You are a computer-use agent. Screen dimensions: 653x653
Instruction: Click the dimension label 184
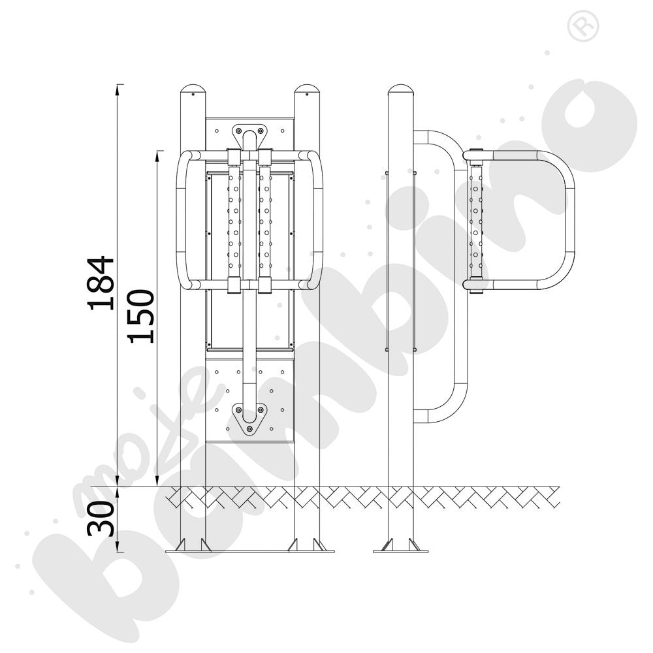101,283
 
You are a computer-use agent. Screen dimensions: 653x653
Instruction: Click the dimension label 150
142,316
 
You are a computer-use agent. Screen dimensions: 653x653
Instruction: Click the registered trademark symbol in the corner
583,26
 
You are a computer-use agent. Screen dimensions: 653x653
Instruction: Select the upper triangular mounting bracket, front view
249,134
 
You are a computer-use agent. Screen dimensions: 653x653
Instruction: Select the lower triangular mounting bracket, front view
249,419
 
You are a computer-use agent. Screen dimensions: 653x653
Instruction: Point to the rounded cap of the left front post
193,90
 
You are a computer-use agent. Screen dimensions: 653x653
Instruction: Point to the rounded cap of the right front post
307,90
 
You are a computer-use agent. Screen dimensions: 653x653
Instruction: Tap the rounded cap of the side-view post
401,90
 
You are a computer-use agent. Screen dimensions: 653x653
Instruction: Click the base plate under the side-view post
401,551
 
